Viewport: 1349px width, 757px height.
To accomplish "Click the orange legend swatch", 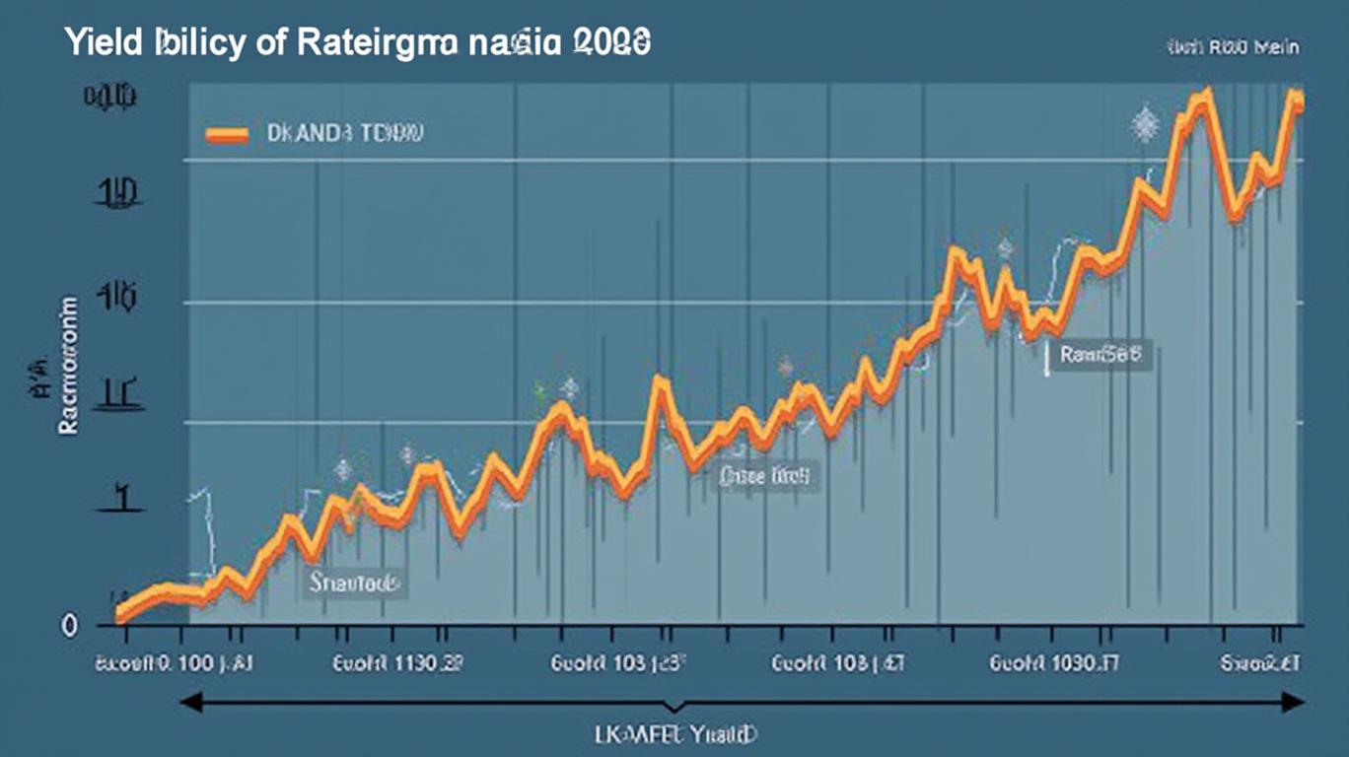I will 226,135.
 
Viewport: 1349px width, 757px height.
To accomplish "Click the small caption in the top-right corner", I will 1233,46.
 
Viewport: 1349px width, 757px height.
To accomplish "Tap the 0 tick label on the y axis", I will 69,625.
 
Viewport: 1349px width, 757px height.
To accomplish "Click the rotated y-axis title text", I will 67,365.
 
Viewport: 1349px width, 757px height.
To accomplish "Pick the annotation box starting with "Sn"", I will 352,583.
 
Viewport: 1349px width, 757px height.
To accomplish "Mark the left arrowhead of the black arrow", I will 189,702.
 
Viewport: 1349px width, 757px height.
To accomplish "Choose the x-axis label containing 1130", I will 399,664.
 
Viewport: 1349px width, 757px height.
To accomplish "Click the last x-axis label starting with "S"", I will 1260,664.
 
